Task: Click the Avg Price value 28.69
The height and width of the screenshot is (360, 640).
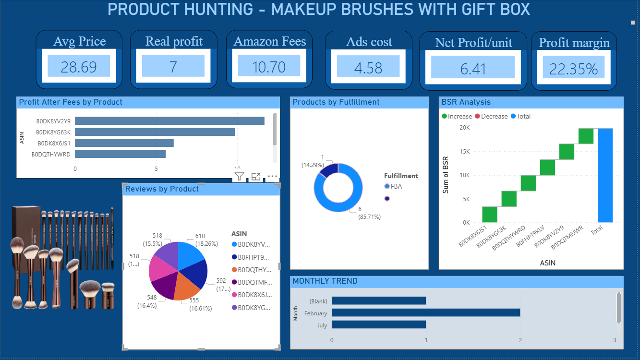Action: click(x=79, y=67)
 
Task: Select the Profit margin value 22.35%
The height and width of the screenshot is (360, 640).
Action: click(x=573, y=69)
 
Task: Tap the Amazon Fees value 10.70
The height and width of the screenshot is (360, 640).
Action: click(x=269, y=66)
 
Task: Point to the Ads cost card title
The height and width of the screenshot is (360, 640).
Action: click(x=369, y=42)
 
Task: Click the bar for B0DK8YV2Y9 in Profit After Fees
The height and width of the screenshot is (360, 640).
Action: click(x=169, y=121)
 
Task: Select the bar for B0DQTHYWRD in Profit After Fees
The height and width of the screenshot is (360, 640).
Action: click(x=120, y=154)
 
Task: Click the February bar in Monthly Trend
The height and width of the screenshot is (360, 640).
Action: click(x=425, y=313)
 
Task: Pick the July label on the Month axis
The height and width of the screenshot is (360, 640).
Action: click(x=322, y=325)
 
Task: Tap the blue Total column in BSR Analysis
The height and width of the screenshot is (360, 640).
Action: click(x=605, y=175)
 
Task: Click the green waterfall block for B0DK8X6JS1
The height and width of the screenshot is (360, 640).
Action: click(x=490, y=214)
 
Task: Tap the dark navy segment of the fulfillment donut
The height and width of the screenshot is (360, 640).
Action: click(x=329, y=169)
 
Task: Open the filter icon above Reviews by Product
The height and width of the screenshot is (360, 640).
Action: click(x=239, y=176)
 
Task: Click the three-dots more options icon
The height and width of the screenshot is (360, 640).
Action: click(x=272, y=176)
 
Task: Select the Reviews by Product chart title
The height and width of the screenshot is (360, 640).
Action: click(x=162, y=189)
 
